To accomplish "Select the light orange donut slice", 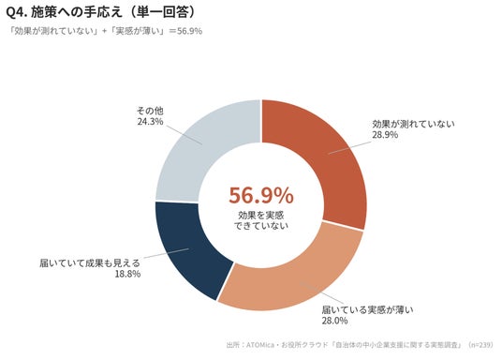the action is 288,282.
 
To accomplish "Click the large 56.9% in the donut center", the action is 261,195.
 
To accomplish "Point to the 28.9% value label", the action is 385,135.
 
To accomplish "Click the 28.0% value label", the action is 334,321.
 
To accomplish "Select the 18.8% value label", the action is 127,274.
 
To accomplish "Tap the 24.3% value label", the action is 150,122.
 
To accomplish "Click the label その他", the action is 150,111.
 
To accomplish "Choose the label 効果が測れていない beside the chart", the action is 413,124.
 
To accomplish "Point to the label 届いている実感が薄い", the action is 367,309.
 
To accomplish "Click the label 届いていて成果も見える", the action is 90,263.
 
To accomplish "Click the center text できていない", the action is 261,226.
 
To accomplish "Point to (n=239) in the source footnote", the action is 480,345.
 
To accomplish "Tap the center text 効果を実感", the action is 261,215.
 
